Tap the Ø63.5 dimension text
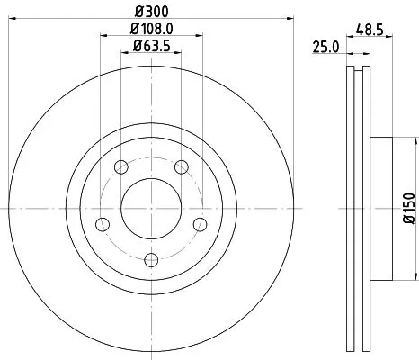pos(150,47)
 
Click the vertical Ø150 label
pos(407,209)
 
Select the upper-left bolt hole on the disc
pos(120,166)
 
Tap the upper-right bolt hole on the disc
pos(181,166)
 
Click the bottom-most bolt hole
pos(150,259)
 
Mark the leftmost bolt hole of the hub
pos(101,223)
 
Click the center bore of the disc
pos(150,209)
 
